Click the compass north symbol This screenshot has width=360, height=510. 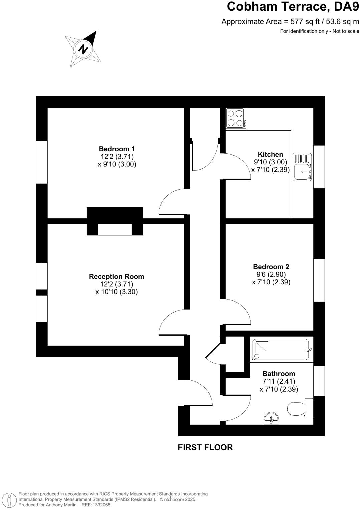(83, 49)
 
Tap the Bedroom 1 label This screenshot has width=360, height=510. (117, 149)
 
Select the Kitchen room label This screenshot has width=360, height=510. (270, 154)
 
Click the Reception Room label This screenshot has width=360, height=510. (116, 277)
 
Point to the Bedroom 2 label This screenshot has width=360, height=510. (271, 267)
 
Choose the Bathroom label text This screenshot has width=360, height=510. (279, 374)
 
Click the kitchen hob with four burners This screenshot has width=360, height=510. (236, 118)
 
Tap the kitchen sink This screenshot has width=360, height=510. (302, 167)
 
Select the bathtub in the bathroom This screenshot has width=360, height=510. (281, 350)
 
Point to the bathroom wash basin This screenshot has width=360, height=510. (272, 418)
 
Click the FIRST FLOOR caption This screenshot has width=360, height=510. (205, 447)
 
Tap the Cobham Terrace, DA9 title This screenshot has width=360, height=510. (293, 6)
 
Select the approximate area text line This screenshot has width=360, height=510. (290, 22)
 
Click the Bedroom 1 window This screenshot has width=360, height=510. (42, 162)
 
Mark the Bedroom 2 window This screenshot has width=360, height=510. (319, 280)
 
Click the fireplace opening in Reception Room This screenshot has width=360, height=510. (115, 230)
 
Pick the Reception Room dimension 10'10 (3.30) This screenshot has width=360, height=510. (117, 292)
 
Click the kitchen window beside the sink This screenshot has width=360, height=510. (319, 167)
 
